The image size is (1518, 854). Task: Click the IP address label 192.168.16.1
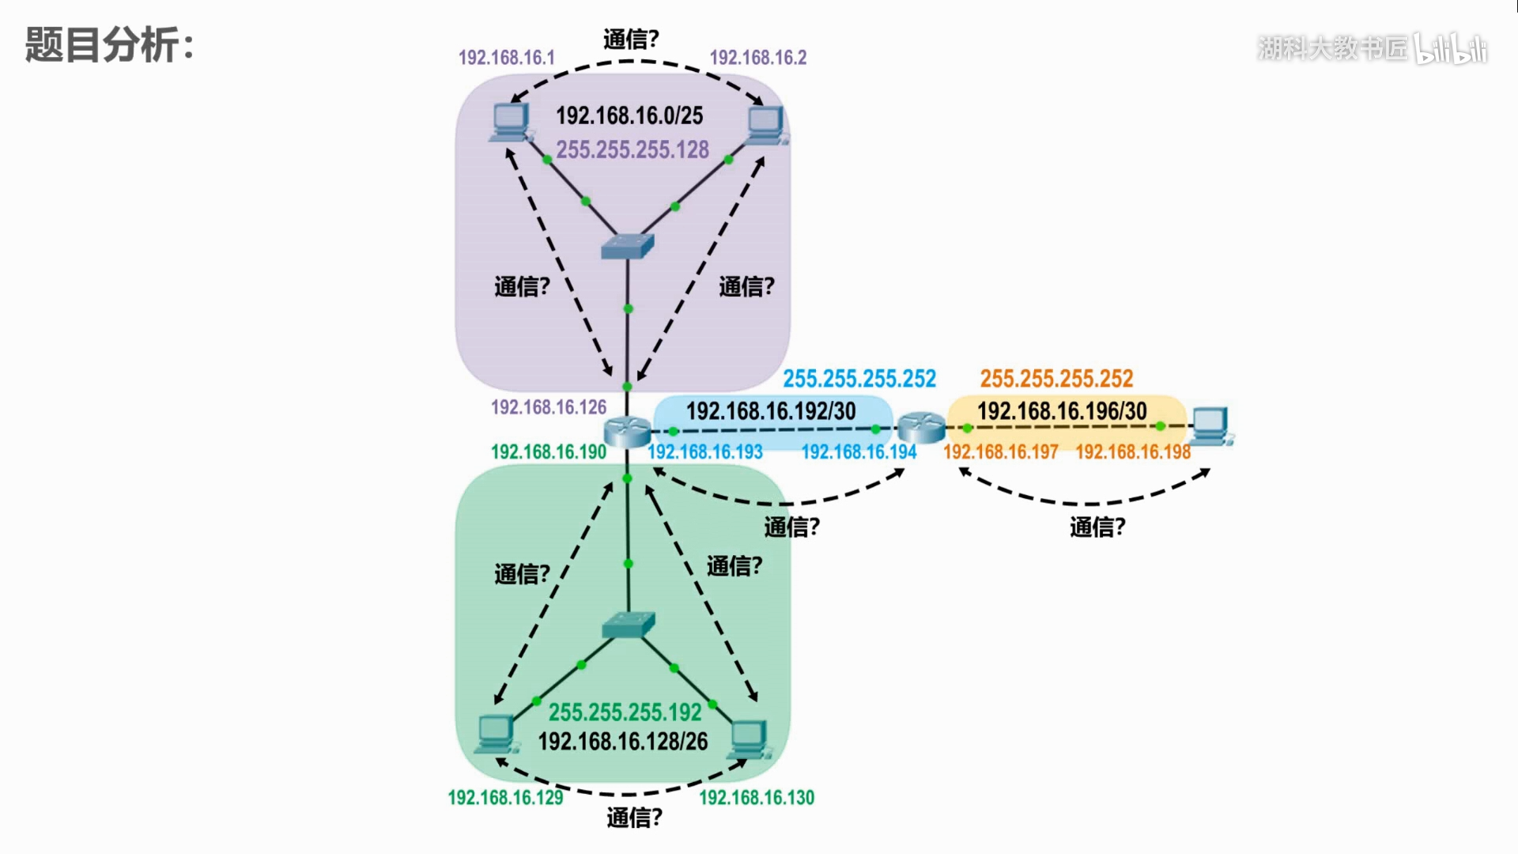pyautogui.click(x=507, y=58)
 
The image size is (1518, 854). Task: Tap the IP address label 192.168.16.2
pyautogui.click(x=758, y=58)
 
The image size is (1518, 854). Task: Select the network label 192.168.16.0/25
pyautogui.click(x=629, y=115)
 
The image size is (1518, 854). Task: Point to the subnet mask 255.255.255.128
pyautogui.click(x=632, y=149)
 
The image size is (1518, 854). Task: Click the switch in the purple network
pyautogui.click(x=628, y=246)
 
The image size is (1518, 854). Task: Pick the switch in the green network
pyautogui.click(x=629, y=625)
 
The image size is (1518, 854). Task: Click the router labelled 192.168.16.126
pyautogui.click(x=627, y=432)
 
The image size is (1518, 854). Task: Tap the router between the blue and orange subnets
pyautogui.click(x=922, y=427)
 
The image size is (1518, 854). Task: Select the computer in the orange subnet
pyautogui.click(x=1211, y=425)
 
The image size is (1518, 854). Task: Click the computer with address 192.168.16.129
pyautogui.click(x=497, y=734)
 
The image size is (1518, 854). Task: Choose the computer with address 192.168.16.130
pyautogui.click(x=747, y=739)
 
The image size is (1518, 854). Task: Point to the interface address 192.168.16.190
pyautogui.click(x=549, y=452)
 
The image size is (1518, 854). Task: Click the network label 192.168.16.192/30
pyautogui.click(x=771, y=411)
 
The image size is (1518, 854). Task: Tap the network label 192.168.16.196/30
pyautogui.click(x=1062, y=411)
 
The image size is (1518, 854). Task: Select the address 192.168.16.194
pyautogui.click(x=859, y=452)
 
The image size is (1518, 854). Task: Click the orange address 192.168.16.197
pyautogui.click(x=1001, y=452)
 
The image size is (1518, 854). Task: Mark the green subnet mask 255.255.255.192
pyautogui.click(x=625, y=712)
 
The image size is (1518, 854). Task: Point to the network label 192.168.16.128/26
pyautogui.click(x=623, y=742)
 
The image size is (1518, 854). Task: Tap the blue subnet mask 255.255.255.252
pyautogui.click(x=859, y=379)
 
